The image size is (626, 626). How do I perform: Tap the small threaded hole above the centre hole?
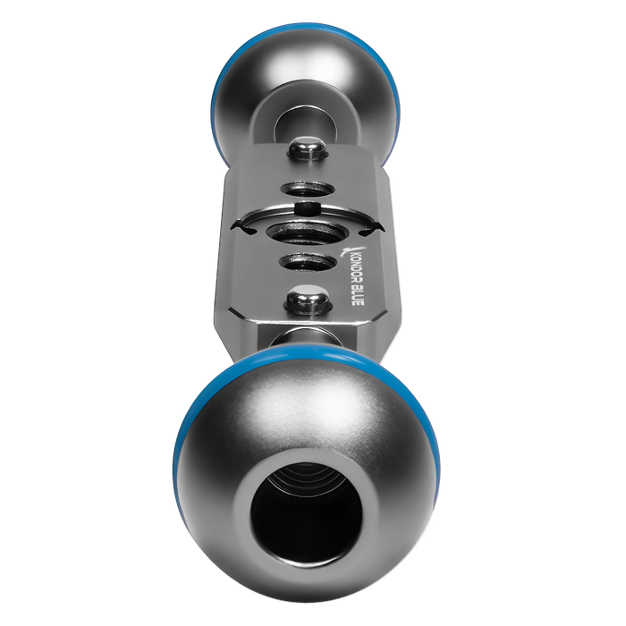coord(308,189)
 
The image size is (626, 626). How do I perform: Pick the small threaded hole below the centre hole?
coord(308,262)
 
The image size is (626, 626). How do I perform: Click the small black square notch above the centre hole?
coord(308,208)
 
